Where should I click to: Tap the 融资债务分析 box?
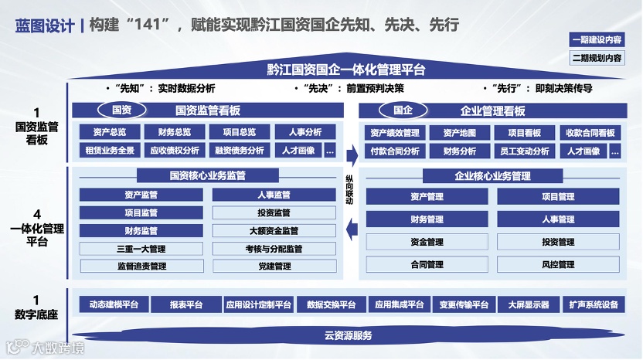(240, 151)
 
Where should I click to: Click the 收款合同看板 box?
(590, 133)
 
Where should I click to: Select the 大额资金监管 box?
(274, 231)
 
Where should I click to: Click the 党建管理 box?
(274, 267)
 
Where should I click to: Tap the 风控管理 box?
(558, 265)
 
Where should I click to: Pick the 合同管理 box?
(427, 265)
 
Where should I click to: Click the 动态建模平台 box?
(114, 304)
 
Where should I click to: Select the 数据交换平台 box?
(331, 304)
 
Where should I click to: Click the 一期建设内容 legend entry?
(597, 39)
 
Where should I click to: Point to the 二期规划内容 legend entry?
(597, 57)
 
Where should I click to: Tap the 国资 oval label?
(122, 110)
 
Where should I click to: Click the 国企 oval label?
(403, 110)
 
